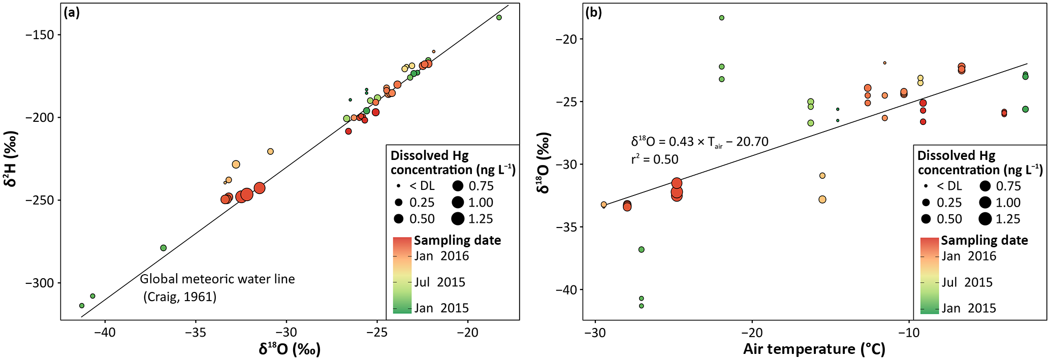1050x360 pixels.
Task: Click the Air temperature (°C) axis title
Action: [814, 349]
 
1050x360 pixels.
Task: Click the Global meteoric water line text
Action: [217, 279]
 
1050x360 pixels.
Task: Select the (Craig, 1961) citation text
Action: [180, 297]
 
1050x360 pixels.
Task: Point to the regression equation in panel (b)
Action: [699, 142]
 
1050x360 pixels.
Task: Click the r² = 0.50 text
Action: [654, 159]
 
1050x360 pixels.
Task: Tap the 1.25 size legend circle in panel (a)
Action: [458, 219]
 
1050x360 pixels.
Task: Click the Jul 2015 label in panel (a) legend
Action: [439, 282]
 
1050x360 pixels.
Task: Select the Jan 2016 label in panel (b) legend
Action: [969, 256]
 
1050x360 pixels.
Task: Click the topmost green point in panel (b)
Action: [721, 18]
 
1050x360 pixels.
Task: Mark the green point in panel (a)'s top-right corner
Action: [499, 18]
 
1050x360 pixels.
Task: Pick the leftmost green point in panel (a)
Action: [82, 306]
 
